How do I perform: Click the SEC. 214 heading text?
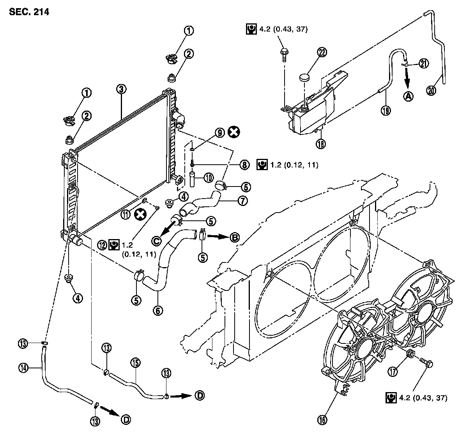coord(28,12)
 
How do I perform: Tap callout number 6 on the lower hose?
coord(158,310)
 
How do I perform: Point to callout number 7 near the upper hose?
coord(242,201)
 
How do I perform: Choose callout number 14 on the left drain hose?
coord(23,366)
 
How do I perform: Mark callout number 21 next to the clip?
coord(424,63)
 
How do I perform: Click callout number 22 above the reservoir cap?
coord(322,53)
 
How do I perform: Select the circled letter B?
coord(235,237)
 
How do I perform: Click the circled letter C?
coord(156,241)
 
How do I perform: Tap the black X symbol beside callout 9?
coord(233,132)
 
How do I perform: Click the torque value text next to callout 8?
coord(294,165)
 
